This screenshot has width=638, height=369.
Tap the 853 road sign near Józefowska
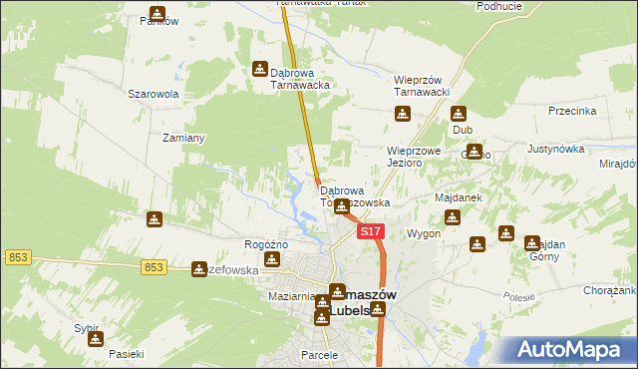tap(153, 266)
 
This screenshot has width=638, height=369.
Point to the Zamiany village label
tap(184, 138)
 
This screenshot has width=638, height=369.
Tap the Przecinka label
tap(571, 112)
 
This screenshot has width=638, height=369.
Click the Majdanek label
tap(459, 197)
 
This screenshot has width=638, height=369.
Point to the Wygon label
tap(423, 233)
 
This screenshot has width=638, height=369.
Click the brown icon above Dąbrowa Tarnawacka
tap(260, 69)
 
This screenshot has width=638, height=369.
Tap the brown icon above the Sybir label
tap(95, 338)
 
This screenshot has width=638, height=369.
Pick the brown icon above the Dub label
tap(461, 115)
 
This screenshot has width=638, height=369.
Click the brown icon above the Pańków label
tap(158, 14)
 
